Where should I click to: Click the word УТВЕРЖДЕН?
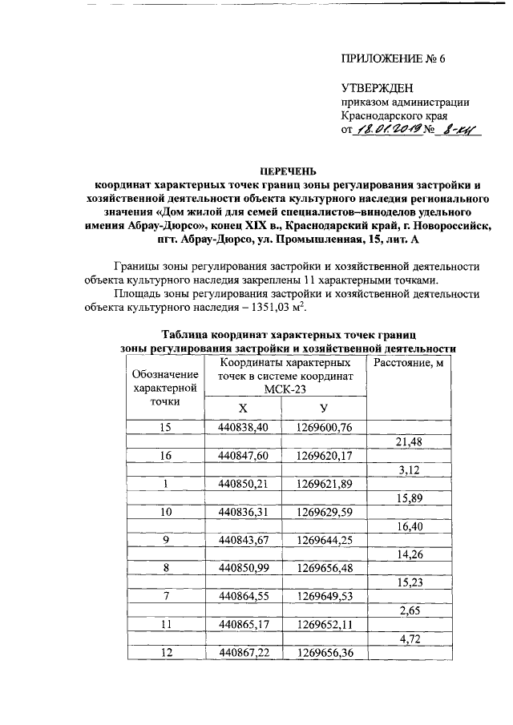pyautogui.click(x=378, y=87)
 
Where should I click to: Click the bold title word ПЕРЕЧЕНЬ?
pyautogui.click(x=287, y=171)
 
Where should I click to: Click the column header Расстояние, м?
pyautogui.click(x=409, y=365)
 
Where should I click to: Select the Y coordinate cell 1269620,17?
pyautogui.click(x=324, y=456)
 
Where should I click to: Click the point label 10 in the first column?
pyautogui.click(x=165, y=511)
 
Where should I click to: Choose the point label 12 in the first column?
pyautogui.click(x=165, y=653)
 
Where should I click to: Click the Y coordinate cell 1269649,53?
pyautogui.click(x=324, y=595)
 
